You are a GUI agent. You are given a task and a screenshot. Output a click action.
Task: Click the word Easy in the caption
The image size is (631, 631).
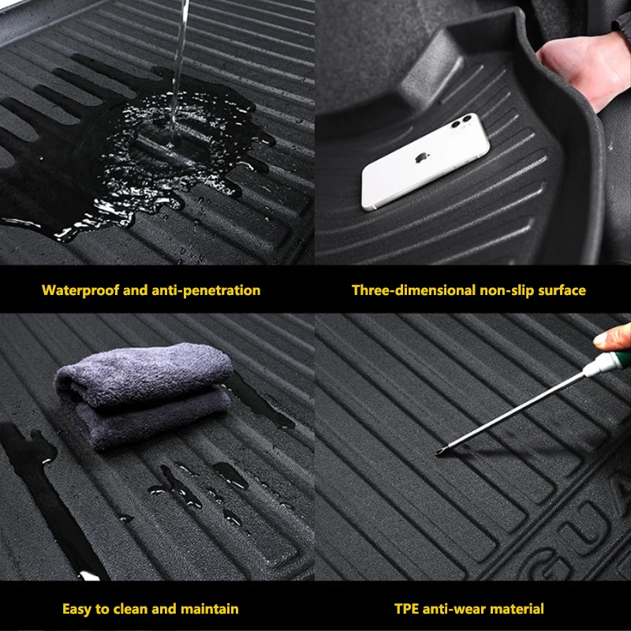[77, 609]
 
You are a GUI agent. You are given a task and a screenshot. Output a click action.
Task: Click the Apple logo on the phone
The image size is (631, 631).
[421, 157]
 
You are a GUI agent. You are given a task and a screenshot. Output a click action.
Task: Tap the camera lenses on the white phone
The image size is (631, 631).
[461, 121]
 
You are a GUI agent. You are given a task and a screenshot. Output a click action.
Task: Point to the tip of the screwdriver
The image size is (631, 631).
[438, 454]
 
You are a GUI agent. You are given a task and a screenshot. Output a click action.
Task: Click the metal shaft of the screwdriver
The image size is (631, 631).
[511, 413]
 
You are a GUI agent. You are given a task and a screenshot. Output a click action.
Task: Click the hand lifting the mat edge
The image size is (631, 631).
[584, 69]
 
